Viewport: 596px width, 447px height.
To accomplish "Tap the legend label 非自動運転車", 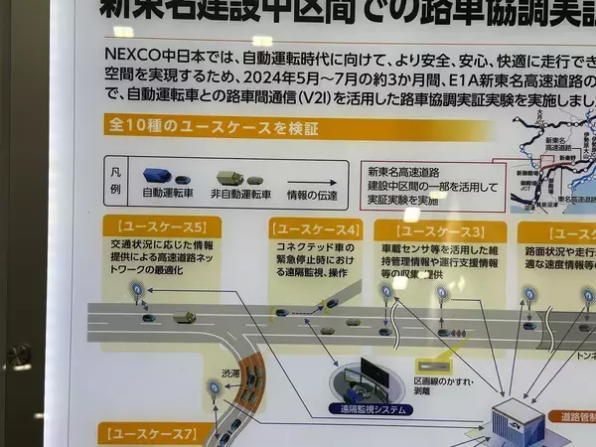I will coord(241,195).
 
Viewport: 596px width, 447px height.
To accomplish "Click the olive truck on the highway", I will coord(185,317).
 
